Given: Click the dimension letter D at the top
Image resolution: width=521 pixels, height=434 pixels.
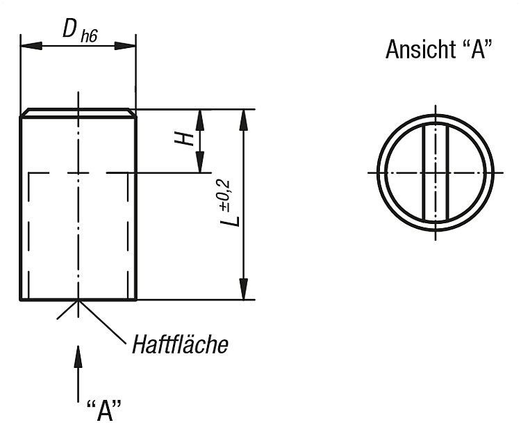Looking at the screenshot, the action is coord(69,29).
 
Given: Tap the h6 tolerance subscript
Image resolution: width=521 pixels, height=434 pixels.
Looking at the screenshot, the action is coord(89,36).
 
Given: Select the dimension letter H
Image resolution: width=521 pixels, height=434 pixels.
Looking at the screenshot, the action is coord(185,138).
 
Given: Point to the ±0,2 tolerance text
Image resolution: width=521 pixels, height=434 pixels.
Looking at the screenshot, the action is coord(224,195).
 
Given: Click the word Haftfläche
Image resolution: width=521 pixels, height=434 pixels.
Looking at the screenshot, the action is coord(181,344).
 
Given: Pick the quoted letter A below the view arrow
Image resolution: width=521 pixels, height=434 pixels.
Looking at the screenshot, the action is coord(104,410).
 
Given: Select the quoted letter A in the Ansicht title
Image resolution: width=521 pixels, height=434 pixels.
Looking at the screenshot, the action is coord(477,49).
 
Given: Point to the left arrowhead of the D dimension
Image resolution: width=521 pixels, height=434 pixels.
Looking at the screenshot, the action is coord(31,46).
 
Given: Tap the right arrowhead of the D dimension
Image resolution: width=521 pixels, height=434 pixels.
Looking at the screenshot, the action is coord(125,46).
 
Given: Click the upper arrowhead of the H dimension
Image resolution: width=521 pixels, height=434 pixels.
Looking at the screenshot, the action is coord(199,120).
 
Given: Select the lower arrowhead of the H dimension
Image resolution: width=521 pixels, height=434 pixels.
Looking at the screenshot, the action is coord(199,162).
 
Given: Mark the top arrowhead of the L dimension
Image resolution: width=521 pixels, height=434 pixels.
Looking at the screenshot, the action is coord(244,120).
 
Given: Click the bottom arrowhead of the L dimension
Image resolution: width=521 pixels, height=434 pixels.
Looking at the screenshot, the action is coord(244,289).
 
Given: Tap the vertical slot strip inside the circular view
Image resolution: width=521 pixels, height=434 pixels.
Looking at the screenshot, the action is coord(436,172).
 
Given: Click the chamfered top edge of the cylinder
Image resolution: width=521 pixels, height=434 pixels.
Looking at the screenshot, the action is coord(78,109).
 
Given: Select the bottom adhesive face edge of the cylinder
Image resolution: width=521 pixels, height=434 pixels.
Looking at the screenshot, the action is coord(78,300).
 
